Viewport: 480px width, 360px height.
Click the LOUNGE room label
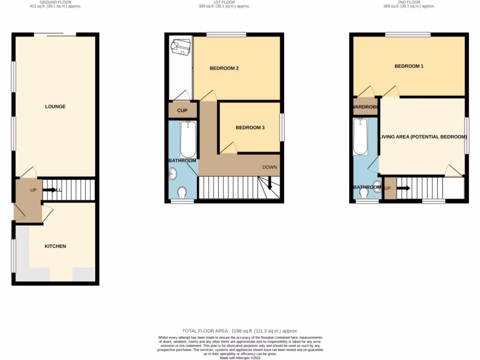pyautogui.click(x=55, y=106)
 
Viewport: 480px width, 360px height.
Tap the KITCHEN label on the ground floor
pyautogui.click(x=55, y=246)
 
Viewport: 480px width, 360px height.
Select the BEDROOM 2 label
pyautogui.click(x=224, y=68)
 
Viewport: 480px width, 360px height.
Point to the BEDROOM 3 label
pyautogui.click(x=250, y=127)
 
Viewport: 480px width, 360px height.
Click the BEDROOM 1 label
pyautogui.click(x=409, y=66)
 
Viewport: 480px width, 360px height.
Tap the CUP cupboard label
pyautogui.click(x=182, y=111)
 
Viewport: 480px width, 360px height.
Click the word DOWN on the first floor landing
pyautogui.click(x=270, y=167)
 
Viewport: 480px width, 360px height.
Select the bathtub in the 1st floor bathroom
pyautogui.click(x=188, y=139)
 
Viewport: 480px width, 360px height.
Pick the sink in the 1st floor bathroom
pyautogui.click(x=171, y=174)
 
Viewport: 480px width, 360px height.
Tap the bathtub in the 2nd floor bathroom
pyautogui.click(x=360, y=136)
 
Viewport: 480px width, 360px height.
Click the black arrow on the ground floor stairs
pyautogui.click(x=49, y=190)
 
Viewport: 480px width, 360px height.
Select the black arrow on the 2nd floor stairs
pyautogui.click(x=403, y=188)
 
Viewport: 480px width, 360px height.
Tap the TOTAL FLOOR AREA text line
pyautogui.click(x=240, y=331)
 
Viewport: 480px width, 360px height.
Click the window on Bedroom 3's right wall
pyautogui.click(x=282, y=127)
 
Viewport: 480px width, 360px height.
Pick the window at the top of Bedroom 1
pyautogui.click(x=408, y=34)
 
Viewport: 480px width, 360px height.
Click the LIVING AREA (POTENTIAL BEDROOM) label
pyautogui.click(x=423, y=137)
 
